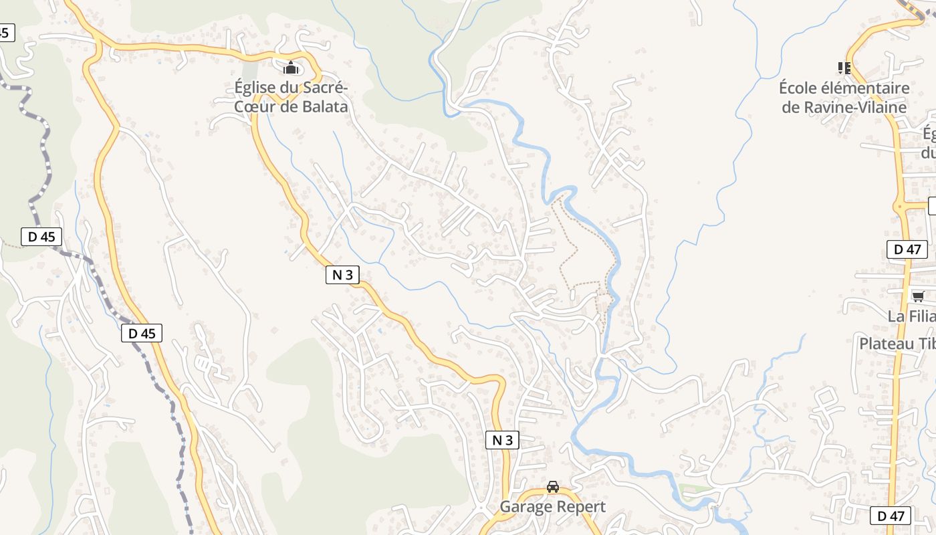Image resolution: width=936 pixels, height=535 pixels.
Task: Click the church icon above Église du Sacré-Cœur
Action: coord(291,68)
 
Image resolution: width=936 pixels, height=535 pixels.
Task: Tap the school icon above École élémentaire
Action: coord(844,68)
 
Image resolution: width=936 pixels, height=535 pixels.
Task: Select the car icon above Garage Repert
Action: coord(552,487)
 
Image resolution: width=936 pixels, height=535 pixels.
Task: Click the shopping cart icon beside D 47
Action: coord(918,296)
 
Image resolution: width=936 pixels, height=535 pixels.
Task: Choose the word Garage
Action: coord(525,507)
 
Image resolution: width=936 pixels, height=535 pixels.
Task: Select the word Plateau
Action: coord(887,343)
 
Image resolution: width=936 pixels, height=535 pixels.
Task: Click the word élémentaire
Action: coord(868,88)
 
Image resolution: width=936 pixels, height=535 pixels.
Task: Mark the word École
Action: coord(800,88)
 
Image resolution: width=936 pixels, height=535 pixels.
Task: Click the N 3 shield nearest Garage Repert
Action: coord(502,439)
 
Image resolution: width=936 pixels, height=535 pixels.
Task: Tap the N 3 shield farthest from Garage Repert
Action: coord(343,274)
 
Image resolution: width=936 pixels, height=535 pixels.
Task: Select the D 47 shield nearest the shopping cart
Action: coord(907,249)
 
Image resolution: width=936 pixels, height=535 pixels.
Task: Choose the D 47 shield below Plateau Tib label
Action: coord(891,516)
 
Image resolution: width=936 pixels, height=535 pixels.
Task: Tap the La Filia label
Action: coord(911,316)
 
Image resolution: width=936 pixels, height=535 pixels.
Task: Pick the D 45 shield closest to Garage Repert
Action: coord(142,333)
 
